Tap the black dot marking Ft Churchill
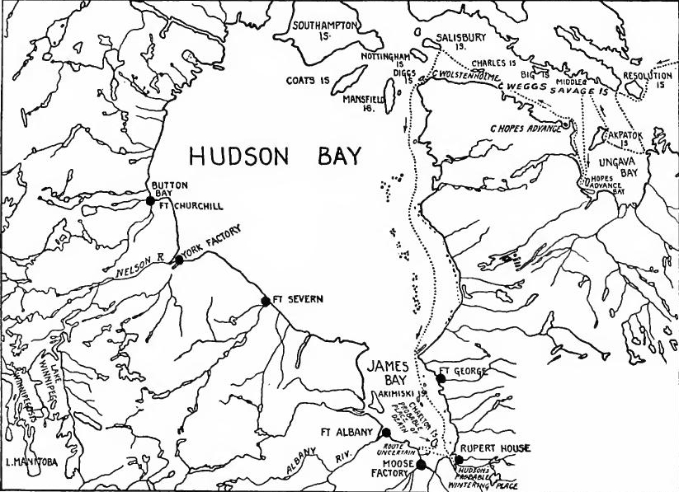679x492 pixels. point(150,200)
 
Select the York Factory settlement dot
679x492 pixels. point(179,260)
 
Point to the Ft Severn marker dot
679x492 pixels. point(266,302)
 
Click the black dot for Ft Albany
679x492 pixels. point(385,432)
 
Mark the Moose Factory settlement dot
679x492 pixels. point(421,465)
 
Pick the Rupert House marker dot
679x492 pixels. point(459,459)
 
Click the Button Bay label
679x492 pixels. point(160,190)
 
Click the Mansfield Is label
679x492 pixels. point(364,101)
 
